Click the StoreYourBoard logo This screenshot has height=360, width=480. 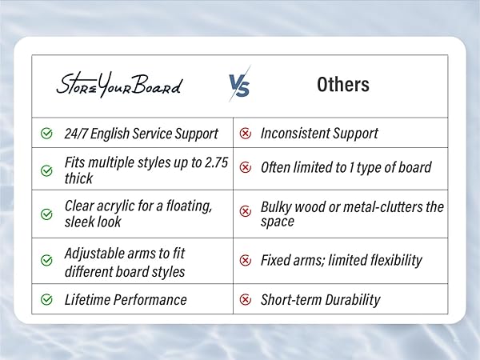118,85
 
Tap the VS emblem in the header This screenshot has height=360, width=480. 238,84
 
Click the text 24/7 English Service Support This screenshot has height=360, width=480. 141,133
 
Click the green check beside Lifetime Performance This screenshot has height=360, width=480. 46,300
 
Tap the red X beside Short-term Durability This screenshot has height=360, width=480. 246,300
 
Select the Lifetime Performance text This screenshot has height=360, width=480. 126,300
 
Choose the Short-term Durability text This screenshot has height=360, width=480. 320,300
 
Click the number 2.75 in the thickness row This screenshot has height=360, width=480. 214,162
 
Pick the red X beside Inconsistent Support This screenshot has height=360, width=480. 246,133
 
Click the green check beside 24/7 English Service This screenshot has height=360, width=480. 46,133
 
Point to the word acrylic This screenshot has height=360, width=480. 120,206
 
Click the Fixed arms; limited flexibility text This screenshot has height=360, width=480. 342,260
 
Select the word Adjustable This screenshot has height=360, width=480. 95,253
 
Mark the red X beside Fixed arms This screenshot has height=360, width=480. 246,260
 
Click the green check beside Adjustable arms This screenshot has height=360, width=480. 46,261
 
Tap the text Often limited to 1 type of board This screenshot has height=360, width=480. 346,167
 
